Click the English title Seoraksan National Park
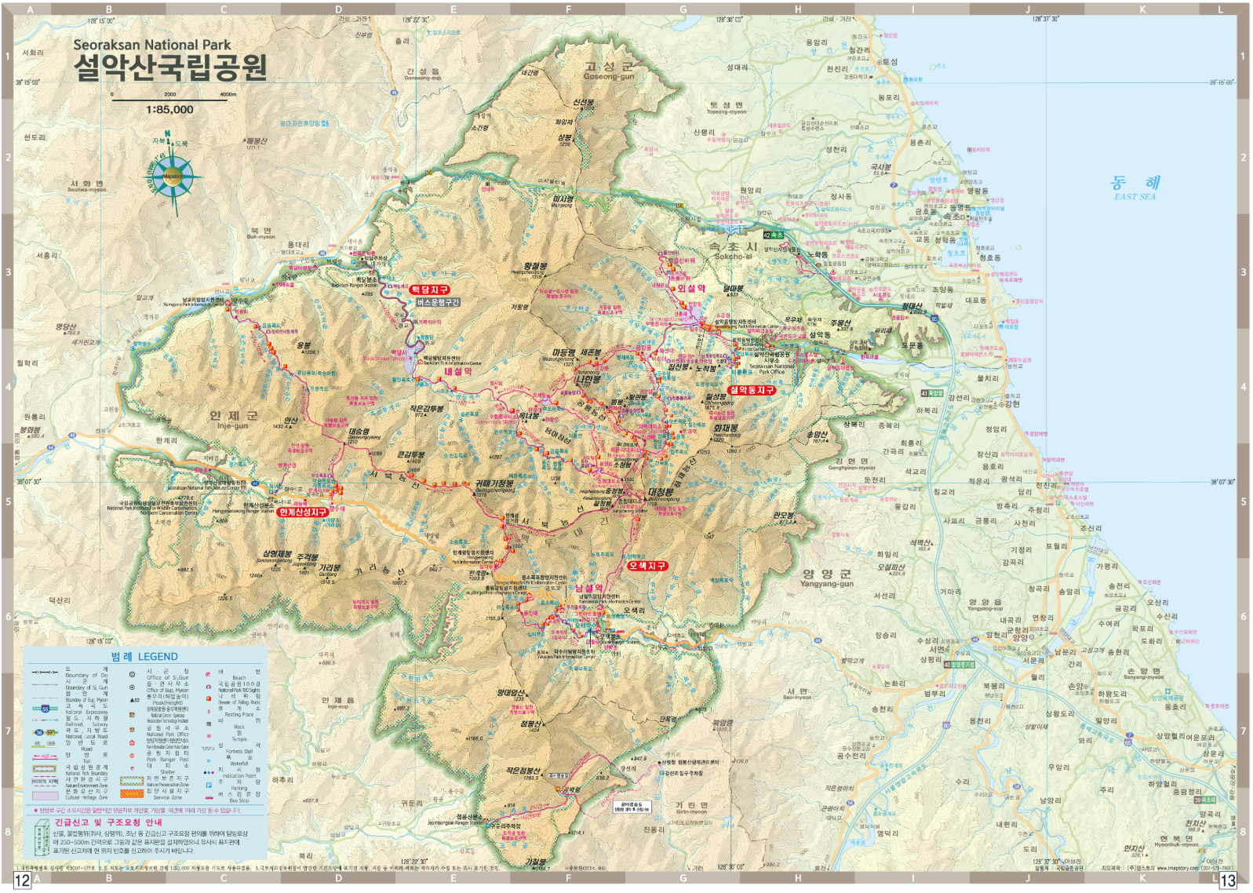point(152,45)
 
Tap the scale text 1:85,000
point(169,110)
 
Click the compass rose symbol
point(173,176)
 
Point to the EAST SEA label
point(1135,197)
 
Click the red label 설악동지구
point(751,390)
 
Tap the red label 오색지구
point(647,566)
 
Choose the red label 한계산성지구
point(303,512)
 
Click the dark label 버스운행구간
point(438,302)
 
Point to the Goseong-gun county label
point(609,71)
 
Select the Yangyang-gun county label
point(826,578)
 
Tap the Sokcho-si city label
point(732,250)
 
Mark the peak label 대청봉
point(660,493)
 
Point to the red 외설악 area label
point(691,288)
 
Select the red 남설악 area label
point(589,588)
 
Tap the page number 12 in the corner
point(23,880)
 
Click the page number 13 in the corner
point(1228,880)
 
